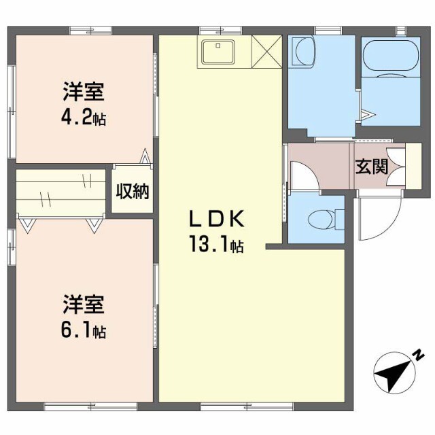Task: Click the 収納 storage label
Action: coord(131,192)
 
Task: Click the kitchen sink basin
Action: coord(217,50)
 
